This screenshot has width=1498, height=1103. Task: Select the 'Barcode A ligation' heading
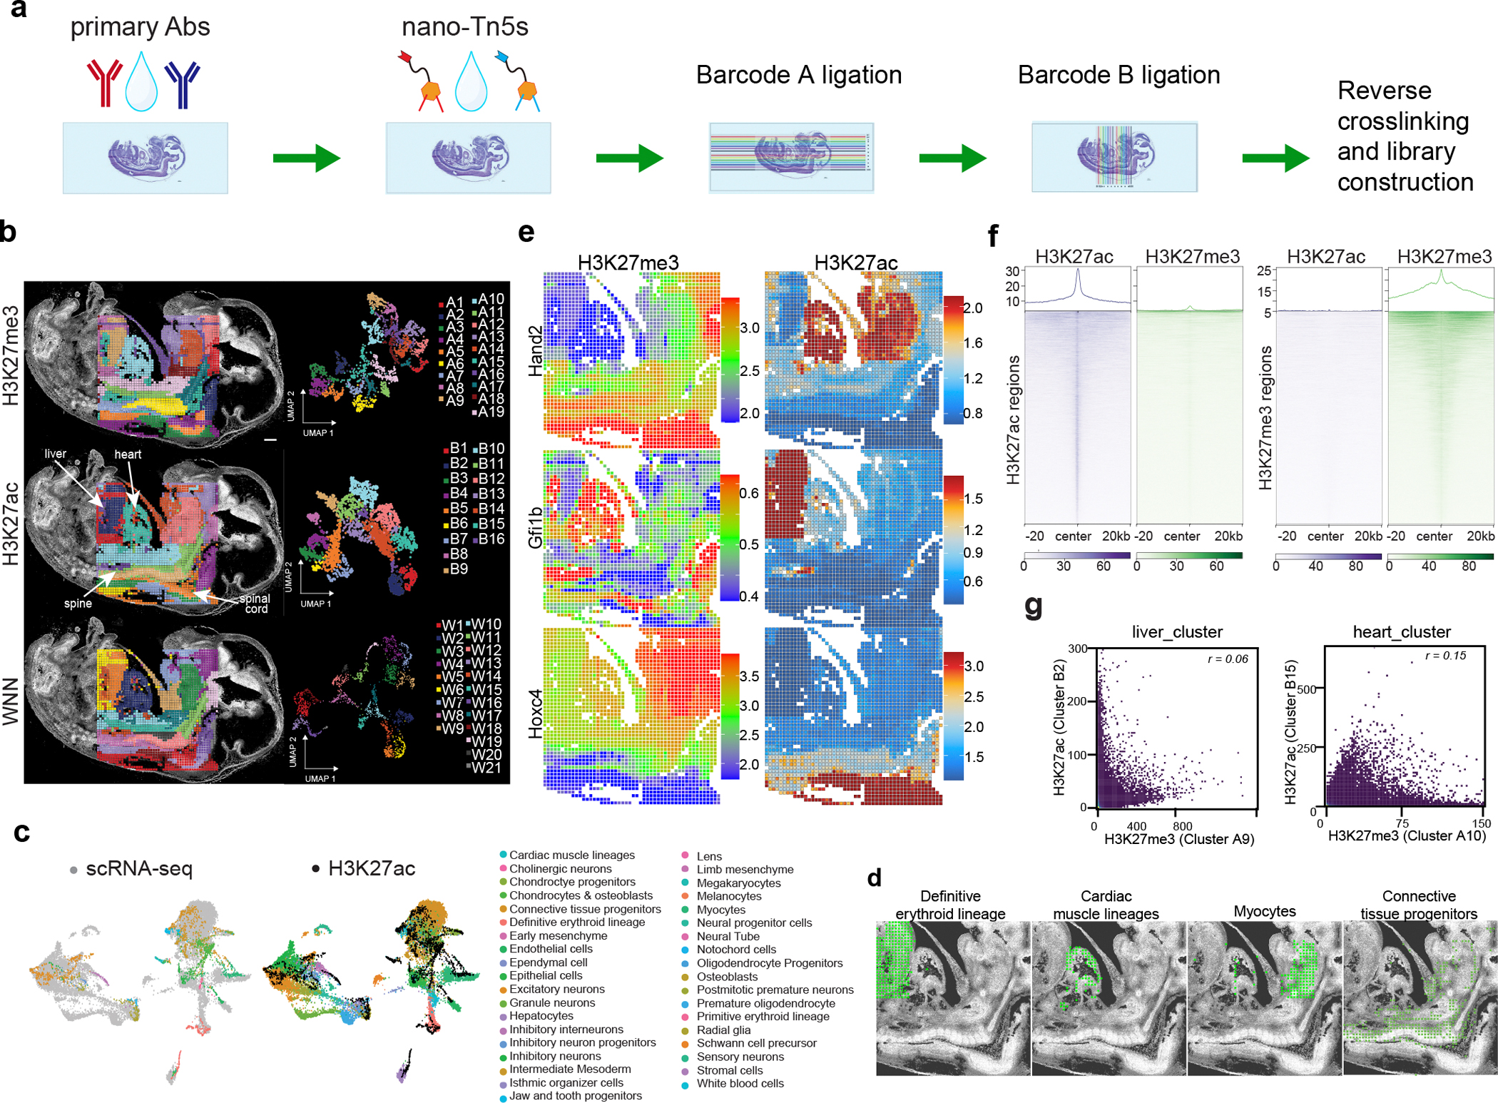point(798,75)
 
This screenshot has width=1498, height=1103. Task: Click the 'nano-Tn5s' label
point(464,27)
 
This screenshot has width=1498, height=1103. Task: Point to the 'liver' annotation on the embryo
point(55,454)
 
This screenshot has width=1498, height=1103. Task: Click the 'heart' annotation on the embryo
point(128,454)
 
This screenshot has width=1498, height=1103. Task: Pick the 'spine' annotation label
point(78,604)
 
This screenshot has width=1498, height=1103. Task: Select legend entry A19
point(490,412)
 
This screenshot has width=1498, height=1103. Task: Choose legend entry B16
point(491,539)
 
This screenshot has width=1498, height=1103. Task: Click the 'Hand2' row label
point(535,350)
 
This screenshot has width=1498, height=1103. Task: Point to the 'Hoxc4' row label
point(535,713)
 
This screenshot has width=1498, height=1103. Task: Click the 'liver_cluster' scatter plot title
point(1177,632)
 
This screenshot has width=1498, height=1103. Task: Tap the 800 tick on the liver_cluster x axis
point(1182,826)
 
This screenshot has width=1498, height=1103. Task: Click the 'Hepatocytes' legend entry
point(541,1015)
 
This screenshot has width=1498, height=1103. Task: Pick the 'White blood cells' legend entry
point(740,1083)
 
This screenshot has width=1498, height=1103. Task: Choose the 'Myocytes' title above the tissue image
point(1265,911)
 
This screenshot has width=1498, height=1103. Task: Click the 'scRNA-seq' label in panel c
point(138,868)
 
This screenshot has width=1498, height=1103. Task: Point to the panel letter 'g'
point(1033,606)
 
